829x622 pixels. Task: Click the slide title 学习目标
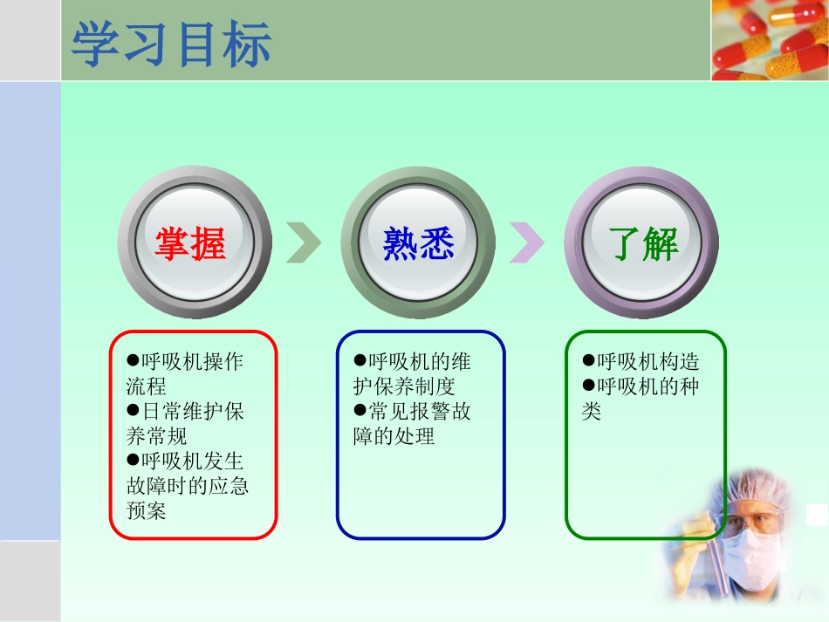pos(172,44)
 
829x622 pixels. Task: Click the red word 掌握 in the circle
pos(190,245)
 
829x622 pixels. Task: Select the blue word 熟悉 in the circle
pos(419,245)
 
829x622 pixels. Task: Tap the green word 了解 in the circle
pos(644,245)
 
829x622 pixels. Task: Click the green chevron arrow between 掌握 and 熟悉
pos(304,242)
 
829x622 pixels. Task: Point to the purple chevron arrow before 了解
pos(527,242)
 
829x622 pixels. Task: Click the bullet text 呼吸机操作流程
pos(185,373)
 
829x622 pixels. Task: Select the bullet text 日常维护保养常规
pos(185,422)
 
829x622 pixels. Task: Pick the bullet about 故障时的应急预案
pos(188,484)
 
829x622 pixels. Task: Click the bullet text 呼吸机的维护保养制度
pos(412,373)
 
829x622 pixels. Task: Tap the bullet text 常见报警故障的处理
pos(412,422)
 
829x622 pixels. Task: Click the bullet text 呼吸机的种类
pos(641,398)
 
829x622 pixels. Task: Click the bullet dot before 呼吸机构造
pos(589,360)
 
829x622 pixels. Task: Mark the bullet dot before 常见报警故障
pos(360,409)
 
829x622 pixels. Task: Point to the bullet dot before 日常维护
pos(134,409)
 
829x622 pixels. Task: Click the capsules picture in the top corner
pos(769,39)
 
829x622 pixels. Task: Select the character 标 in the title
pos(247,44)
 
